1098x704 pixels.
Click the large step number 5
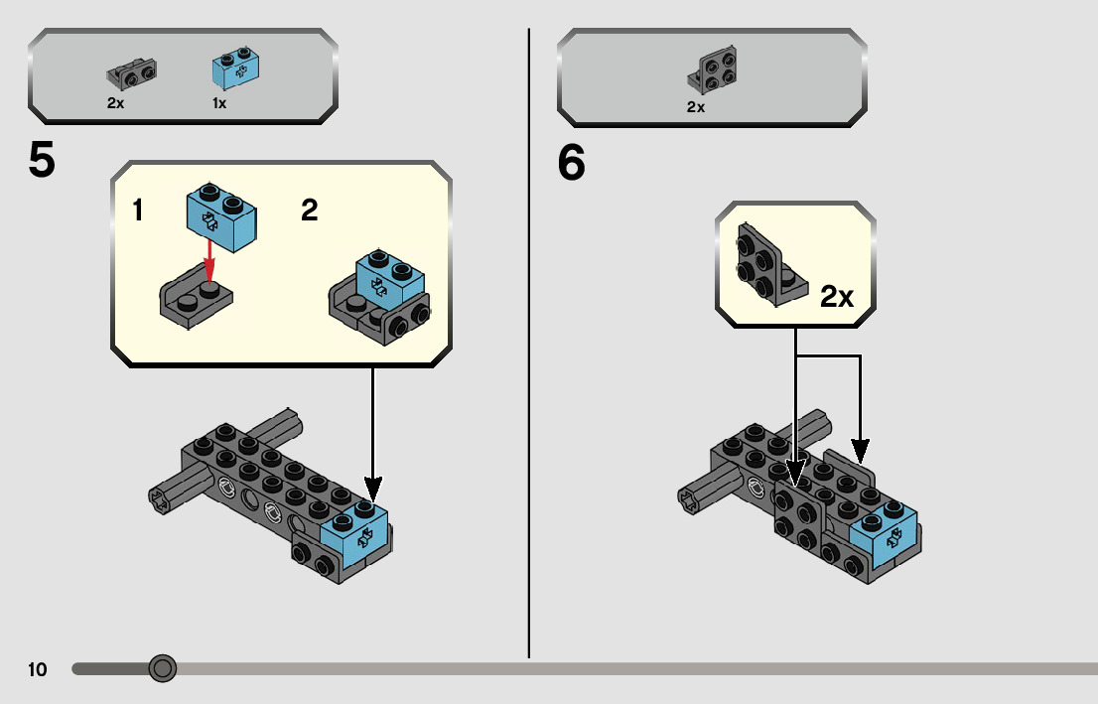[x=42, y=161]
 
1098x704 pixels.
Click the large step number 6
[x=572, y=164]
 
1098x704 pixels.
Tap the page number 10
[x=38, y=669]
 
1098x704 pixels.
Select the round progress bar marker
[x=162, y=668]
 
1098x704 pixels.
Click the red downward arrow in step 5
[x=208, y=261]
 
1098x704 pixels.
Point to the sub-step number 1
[x=139, y=211]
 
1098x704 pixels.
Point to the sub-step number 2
[x=310, y=211]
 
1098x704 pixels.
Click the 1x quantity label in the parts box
[x=219, y=102]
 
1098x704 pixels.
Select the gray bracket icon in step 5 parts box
[x=131, y=73]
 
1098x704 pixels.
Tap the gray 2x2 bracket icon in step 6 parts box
[x=711, y=72]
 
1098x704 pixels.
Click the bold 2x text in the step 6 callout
[x=837, y=297]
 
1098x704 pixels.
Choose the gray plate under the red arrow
[x=196, y=299]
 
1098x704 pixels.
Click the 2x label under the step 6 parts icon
[x=695, y=107]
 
